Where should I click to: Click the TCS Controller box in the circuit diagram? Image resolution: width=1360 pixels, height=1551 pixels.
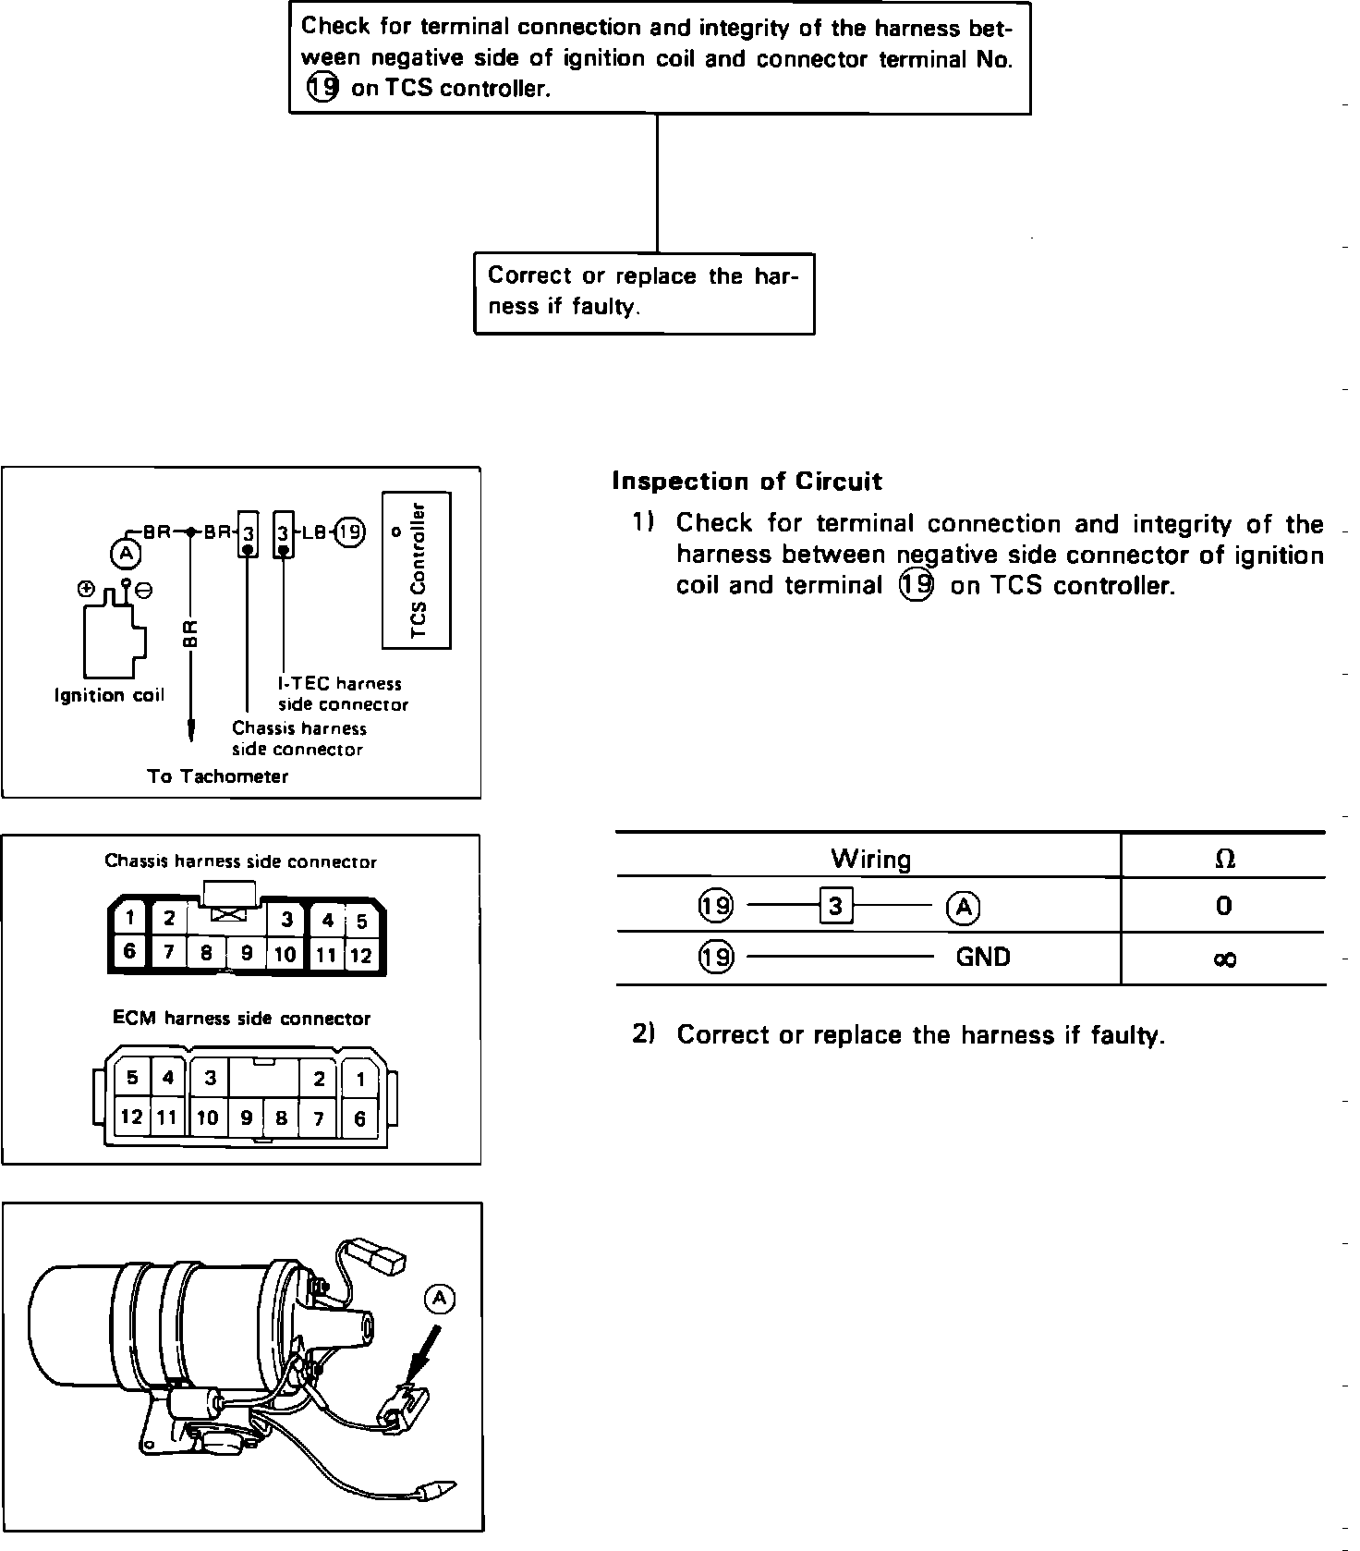[417, 570]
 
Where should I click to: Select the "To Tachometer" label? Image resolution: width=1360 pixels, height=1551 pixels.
[218, 776]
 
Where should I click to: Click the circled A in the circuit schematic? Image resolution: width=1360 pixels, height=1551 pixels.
[127, 553]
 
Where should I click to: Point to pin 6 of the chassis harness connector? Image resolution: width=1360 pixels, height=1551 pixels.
[130, 951]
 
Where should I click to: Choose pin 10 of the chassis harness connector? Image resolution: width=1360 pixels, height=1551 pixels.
[285, 954]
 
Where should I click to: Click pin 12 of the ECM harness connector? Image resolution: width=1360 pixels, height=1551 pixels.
[131, 1117]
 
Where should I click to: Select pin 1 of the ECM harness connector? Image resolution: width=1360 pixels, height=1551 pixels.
[361, 1079]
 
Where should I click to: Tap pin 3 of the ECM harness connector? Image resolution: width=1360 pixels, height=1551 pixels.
[211, 1078]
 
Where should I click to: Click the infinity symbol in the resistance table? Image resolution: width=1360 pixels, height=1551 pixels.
[1224, 959]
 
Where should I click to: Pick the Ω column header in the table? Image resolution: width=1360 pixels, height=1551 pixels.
[1224, 859]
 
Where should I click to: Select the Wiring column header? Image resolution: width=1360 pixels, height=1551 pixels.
[870, 860]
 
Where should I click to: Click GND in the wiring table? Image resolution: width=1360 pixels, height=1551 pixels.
[983, 957]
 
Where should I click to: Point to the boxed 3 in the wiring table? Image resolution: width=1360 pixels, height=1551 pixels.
[835, 907]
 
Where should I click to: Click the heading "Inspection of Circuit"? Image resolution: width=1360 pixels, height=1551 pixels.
[747, 482]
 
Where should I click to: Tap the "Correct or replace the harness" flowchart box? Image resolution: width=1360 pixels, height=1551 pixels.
[644, 292]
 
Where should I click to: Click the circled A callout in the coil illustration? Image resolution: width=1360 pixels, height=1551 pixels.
[440, 1299]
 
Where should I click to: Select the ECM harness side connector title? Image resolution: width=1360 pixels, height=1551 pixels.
[241, 1019]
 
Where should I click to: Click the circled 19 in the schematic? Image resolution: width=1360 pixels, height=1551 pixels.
[350, 532]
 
